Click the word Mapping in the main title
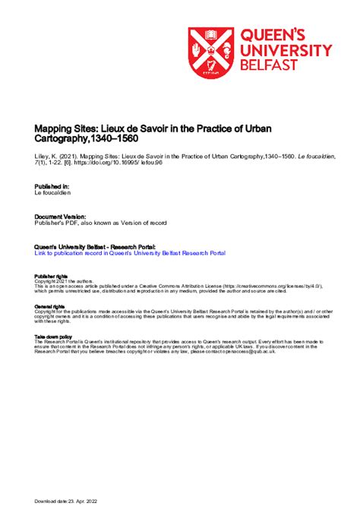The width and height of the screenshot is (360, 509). pos(54,129)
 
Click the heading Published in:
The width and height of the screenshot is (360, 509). pos(52,186)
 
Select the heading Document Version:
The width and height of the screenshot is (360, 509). pos(60,216)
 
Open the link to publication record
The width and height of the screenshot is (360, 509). pos(130,253)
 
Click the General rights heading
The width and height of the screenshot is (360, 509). pos(49,306)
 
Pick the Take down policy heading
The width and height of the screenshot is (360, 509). pos(53,337)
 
